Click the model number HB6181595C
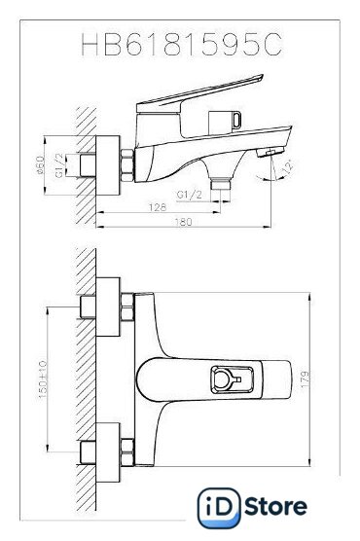click(x=182, y=44)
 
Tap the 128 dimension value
click(x=158, y=207)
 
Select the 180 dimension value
click(x=183, y=222)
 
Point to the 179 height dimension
click(x=306, y=379)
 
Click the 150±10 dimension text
click(x=43, y=379)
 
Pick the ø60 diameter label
click(x=41, y=165)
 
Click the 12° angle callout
click(x=288, y=166)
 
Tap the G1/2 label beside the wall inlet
click(x=59, y=165)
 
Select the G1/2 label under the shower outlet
click(x=189, y=195)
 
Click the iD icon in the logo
click(x=219, y=508)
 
